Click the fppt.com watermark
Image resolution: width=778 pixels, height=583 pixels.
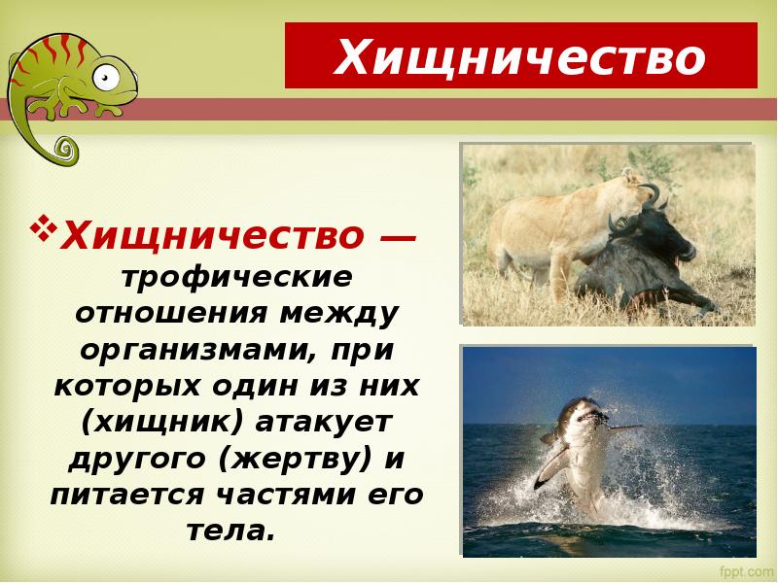tap(744, 566)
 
